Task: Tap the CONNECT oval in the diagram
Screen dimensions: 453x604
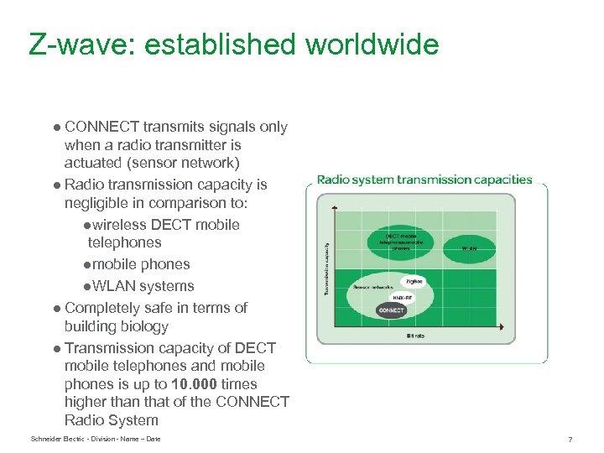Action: coord(391,310)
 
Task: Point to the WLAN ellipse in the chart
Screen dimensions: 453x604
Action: coord(469,248)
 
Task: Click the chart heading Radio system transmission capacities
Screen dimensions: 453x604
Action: coord(424,180)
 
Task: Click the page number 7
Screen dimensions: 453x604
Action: coord(570,440)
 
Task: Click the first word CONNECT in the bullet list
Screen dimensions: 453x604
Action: coord(102,128)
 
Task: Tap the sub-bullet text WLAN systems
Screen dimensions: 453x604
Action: coord(143,286)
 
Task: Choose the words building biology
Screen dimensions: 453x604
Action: coord(116,326)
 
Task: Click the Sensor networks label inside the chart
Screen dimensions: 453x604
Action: coord(374,287)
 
